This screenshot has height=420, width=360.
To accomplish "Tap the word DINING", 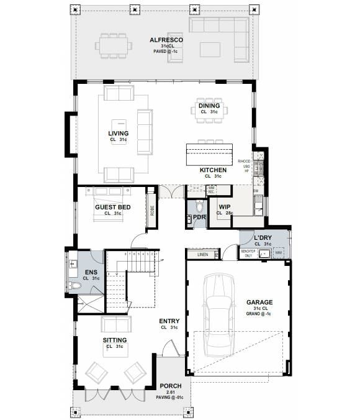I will [x=209, y=106].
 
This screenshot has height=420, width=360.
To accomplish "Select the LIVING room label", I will [x=118, y=134].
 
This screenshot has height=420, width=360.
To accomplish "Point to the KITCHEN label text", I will [x=212, y=170].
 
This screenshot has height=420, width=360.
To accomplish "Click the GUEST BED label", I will [x=112, y=207].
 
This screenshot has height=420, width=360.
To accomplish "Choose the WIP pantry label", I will [x=224, y=207].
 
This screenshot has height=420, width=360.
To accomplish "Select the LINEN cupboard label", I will [x=202, y=255].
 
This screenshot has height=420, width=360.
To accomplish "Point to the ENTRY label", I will [x=169, y=321].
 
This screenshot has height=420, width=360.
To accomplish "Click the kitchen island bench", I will [x=207, y=153].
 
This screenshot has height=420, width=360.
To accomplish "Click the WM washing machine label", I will [x=278, y=253].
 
